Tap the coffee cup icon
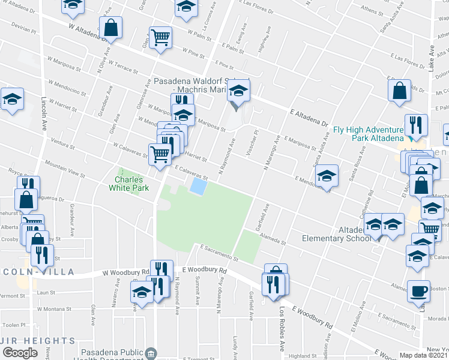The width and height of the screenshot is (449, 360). coord(418,291)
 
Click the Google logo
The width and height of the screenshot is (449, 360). coord(20,352)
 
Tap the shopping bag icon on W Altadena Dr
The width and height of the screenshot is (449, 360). coord(111,27)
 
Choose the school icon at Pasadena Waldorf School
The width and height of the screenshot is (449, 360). coord(239,91)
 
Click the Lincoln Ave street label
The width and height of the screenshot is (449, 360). coord(44,114)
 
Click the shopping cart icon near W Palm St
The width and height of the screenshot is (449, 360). coord(160,37)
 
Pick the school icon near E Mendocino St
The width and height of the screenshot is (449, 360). coord(327,175)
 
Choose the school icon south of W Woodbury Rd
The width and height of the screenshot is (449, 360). coord(142,292)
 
